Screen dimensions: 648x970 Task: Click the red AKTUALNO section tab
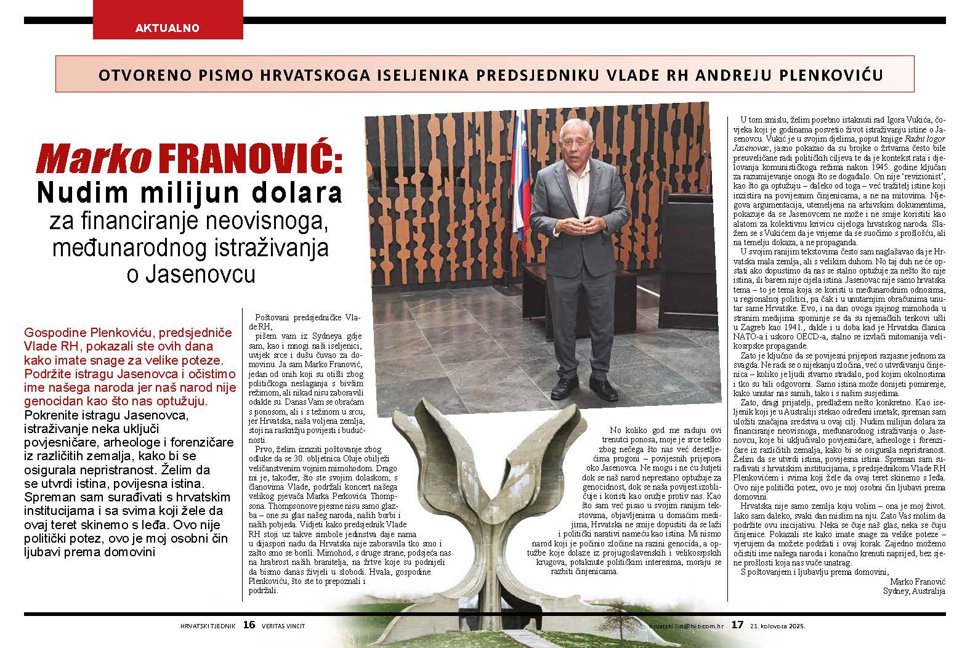click(167, 27)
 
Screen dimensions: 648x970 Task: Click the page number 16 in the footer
click(249, 625)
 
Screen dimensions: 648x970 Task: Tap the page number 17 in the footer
click(737, 625)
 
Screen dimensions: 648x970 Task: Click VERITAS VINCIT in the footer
click(283, 625)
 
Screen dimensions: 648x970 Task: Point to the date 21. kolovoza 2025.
click(777, 625)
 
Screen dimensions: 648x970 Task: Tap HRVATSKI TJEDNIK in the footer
click(208, 625)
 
